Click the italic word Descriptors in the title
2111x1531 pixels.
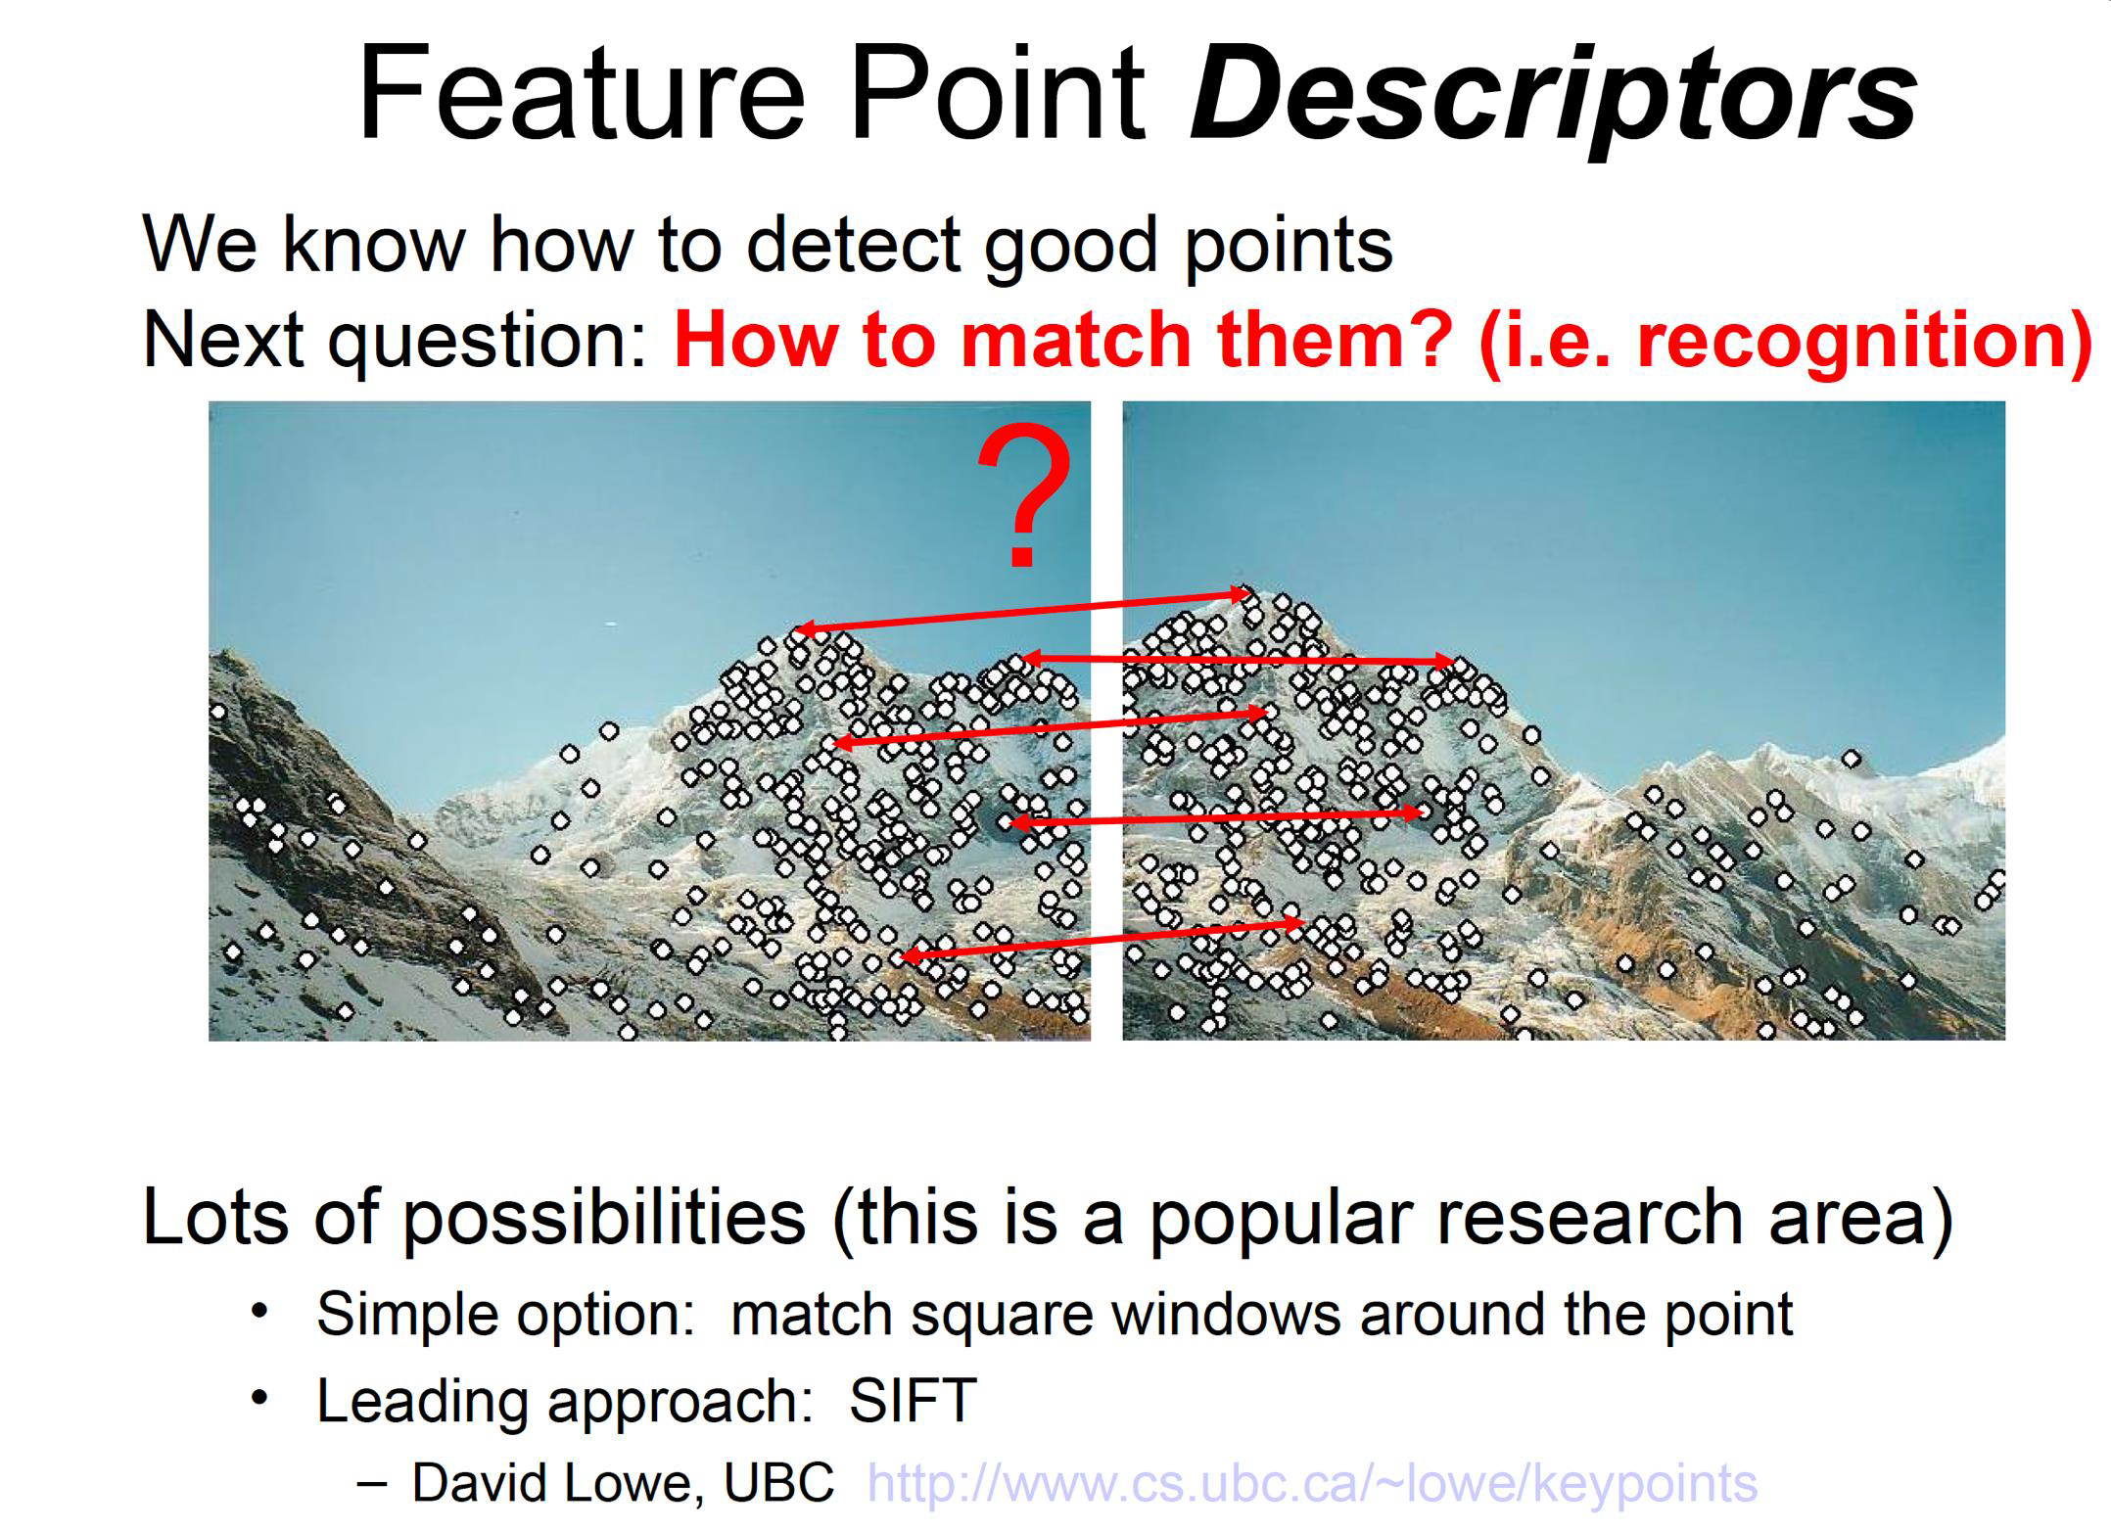pos(1554,95)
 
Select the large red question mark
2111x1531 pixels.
pos(1023,495)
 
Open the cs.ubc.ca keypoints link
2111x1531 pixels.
pos(1312,1484)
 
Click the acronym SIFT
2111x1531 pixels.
pos(913,1400)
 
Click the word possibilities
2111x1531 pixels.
pos(604,1219)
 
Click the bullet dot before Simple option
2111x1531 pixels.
pos(258,1310)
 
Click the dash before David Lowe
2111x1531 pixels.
pos(373,1484)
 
